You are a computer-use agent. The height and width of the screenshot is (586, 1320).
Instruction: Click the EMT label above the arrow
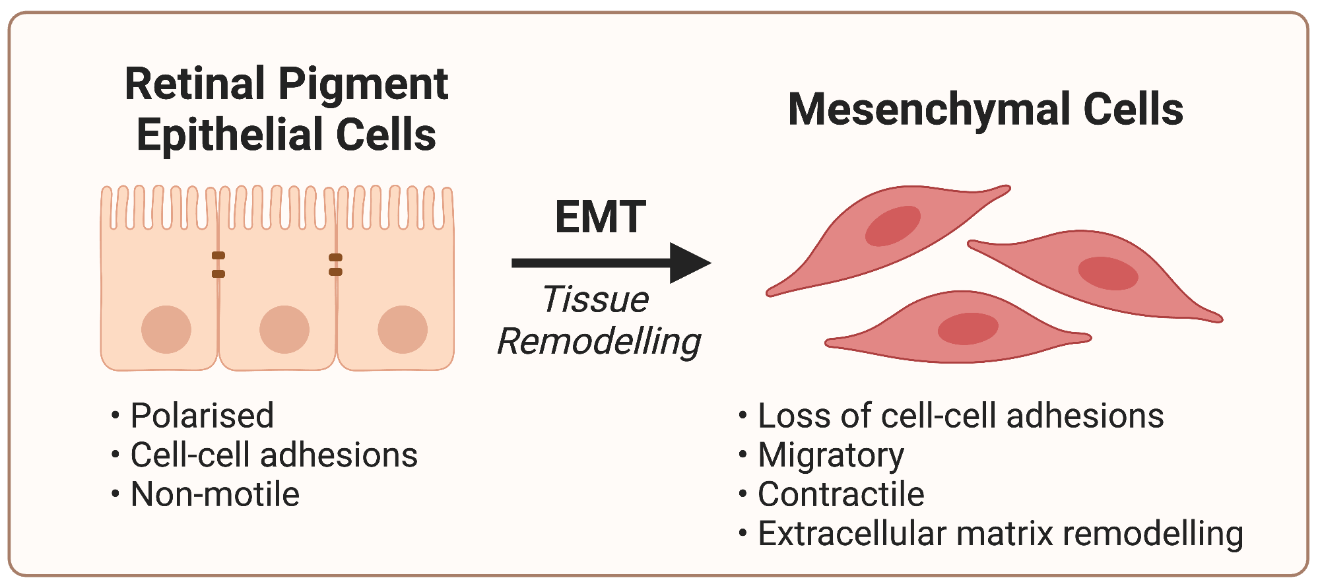pyautogui.click(x=600, y=217)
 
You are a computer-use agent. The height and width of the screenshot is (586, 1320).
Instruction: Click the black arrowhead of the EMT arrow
pyautogui.click(x=688, y=263)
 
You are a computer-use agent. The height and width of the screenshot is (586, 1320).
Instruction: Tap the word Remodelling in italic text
pyautogui.click(x=599, y=342)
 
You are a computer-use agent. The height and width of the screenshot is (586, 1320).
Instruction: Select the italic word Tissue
pyautogui.click(x=595, y=300)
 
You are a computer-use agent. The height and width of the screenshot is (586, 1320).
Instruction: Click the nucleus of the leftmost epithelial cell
pyautogui.click(x=166, y=329)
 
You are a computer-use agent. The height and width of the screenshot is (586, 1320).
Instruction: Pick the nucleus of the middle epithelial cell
pyautogui.click(x=284, y=329)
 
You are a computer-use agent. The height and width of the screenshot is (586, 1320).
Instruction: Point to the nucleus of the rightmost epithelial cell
pyautogui.click(x=403, y=329)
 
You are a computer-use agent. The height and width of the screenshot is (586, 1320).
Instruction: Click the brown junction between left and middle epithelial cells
pyautogui.click(x=218, y=265)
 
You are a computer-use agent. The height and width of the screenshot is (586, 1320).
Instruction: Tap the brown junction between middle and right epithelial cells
pyautogui.click(x=335, y=265)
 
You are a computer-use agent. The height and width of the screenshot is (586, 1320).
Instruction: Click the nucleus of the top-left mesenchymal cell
pyautogui.click(x=893, y=226)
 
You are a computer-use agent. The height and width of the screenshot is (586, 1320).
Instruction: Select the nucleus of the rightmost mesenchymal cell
pyautogui.click(x=1108, y=273)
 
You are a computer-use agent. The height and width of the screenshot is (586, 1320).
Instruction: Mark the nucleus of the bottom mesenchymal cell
pyautogui.click(x=968, y=329)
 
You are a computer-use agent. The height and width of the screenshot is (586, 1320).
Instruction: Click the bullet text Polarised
pyautogui.click(x=202, y=416)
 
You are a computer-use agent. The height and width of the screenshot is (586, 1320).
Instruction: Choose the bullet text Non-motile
pyautogui.click(x=215, y=494)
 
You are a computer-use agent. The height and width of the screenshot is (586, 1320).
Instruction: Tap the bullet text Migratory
pyautogui.click(x=831, y=455)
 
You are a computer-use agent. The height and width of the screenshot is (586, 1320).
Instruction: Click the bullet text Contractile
pyautogui.click(x=841, y=494)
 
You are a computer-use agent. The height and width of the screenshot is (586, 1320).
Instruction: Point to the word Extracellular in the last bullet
pyautogui.click(x=851, y=533)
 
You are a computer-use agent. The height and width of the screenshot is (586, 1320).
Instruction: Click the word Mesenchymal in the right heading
pyautogui.click(x=929, y=110)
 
